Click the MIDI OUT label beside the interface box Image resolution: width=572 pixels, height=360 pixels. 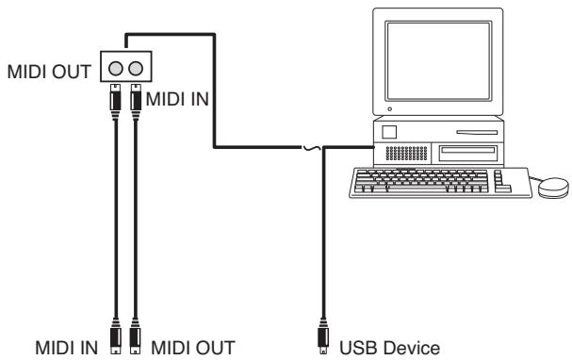pos(49,72)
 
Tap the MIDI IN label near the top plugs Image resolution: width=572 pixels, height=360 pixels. pos(177,99)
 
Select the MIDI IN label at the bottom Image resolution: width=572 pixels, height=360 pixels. pos(66,348)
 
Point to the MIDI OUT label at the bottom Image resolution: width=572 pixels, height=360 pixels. pos(193,348)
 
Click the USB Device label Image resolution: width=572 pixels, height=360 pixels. pos(389,348)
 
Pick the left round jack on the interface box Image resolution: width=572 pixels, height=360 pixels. pos(116,68)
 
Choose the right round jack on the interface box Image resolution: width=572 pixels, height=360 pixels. pos(136,68)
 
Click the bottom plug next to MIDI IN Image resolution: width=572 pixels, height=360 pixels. pos(116,336)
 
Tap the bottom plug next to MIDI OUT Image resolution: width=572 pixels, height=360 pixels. pos(135,336)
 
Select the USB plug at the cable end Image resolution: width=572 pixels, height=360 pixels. pos(323,336)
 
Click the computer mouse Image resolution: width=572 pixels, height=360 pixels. pos(553,188)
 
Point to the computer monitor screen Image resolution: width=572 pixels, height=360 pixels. pos(439,61)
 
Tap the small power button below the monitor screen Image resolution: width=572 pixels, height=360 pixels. pos(390,109)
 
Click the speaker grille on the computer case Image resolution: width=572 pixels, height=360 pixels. pos(406,154)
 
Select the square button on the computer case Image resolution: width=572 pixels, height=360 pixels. pos(389,132)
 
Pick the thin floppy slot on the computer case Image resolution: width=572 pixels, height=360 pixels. pos(477,132)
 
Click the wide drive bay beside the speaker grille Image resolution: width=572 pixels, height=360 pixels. pos(468,153)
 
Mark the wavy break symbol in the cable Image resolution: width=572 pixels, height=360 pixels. pos(312,148)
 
